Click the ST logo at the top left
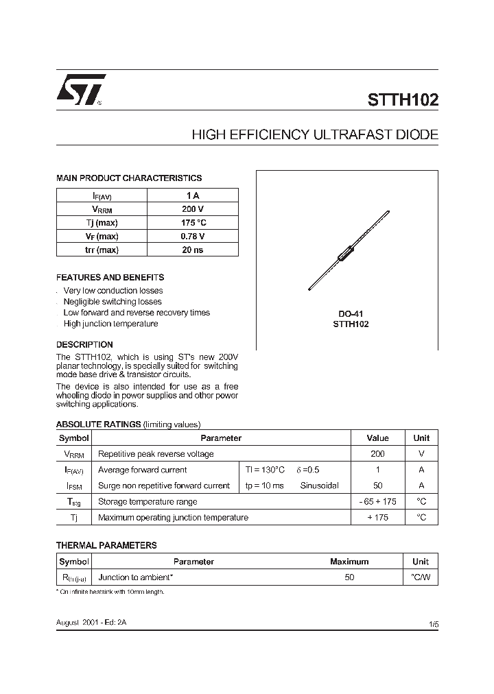tap(80, 89)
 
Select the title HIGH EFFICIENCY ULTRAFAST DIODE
tap(315, 135)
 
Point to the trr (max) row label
tap(102, 250)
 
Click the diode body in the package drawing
tap(346, 253)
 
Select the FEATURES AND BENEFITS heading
tap(110, 278)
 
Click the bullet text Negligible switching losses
tap(113, 302)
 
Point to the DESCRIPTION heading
tap(84, 344)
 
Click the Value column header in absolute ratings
tap(377, 438)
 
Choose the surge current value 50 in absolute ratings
tap(377, 486)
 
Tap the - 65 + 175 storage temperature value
tap(377, 501)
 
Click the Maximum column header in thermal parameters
tap(349, 562)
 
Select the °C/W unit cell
tap(421, 577)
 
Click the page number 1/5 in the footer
tap(433, 625)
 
